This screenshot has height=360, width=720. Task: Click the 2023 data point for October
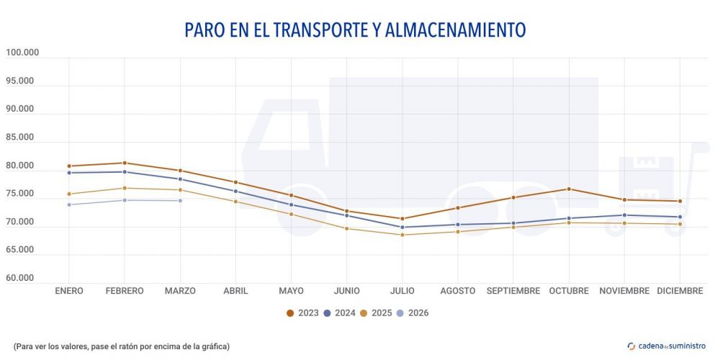pyautogui.click(x=569, y=189)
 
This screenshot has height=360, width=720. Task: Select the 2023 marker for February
pyautogui.click(x=125, y=163)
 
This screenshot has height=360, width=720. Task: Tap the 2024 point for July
pyautogui.click(x=402, y=227)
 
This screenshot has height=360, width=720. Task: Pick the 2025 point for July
pyautogui.click(x=402, y=235)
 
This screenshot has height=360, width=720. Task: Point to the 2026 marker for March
pyautogui.click(x=180, y=200)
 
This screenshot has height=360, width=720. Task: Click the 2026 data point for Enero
pyautogui.click(x=69, y=204)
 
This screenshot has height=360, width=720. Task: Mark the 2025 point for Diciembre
pyautogui.click(x=680, y=224)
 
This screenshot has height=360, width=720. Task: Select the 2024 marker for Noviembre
pyautogui.click(x=624, y=215)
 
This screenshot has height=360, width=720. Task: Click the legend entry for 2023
pyautogui.click(x=302, y=313)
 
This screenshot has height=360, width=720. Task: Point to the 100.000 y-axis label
pyautogui.click(x=22, y=53)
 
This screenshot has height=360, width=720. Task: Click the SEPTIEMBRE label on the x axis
pyautogui.click(x=513, y=291)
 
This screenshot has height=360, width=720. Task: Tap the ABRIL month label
pyautogui.click(x=235, y=291)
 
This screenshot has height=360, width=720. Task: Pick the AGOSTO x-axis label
pyautogui.click(x=458, y=291)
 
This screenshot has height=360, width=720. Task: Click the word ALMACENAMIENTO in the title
pyautogui.click(x=455, y=30)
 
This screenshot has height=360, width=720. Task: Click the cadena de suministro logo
pyautogui.click(x=667, y=346)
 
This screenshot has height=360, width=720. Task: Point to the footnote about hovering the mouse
pyautogui.click(x=121, y=346)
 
